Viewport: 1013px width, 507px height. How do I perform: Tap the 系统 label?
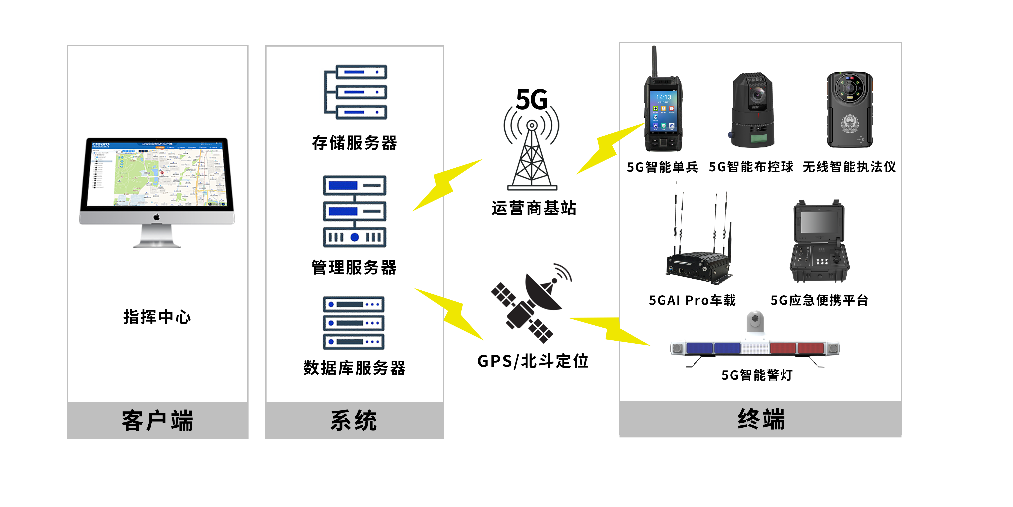pyautogui.click(x=354, y=420)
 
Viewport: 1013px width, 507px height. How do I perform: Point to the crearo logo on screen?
pyautogui.click(x=101, y=144)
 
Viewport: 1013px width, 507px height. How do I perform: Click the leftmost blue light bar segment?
pyautogui.click(x=699, y=348)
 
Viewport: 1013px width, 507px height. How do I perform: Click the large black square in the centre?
pyautogui.click(x=531, y=303)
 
